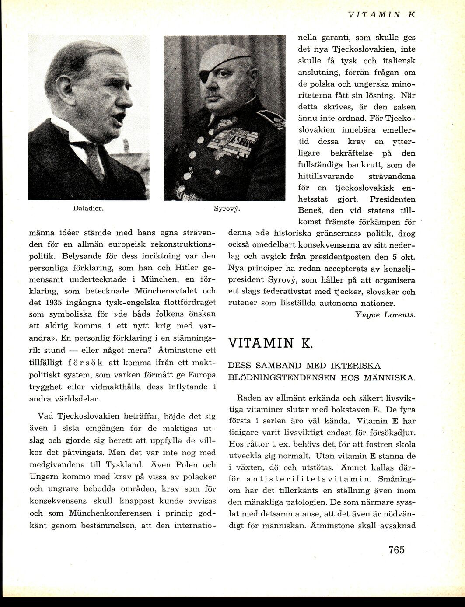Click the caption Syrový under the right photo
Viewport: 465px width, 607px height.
coord(227,209)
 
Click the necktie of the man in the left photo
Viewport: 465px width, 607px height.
coord(93,159)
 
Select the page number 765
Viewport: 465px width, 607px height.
coord(396,549)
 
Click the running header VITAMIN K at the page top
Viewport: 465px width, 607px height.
coord(381,14)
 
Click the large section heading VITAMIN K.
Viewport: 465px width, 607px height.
coord(270,342)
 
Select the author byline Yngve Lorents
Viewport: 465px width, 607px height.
coord(385,314)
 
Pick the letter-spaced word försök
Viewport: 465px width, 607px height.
coord(85,363)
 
